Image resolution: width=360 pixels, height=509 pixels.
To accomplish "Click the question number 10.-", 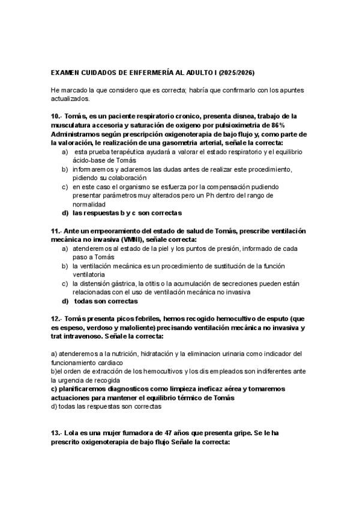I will click(58, 116).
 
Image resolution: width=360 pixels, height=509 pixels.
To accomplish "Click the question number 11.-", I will click(58, 231).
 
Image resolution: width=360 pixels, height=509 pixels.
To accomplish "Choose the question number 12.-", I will click(58, 319).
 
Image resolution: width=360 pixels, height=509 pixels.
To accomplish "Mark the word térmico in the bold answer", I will click(190, 397).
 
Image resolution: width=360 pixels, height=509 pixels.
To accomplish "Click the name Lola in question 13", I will click(74, 433).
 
